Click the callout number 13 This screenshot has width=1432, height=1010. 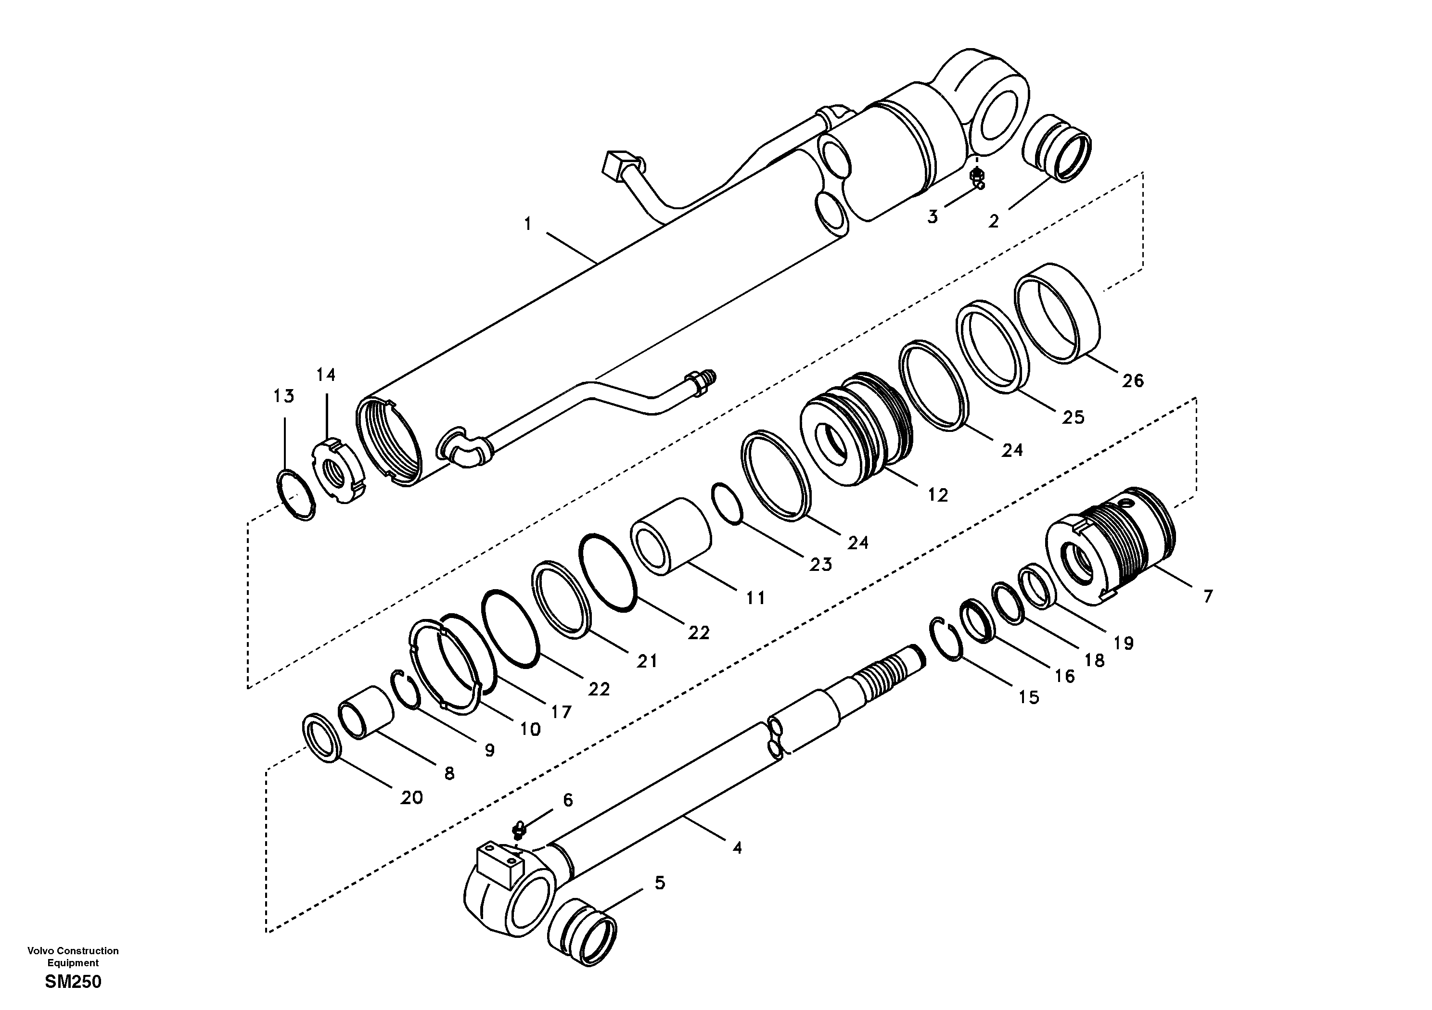[x=284, y=396]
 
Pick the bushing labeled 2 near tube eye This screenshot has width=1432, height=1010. [x=1057, y=149]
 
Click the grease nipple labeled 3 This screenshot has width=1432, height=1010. [x=978, y=177]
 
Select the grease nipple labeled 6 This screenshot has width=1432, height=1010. [x=518, y=829]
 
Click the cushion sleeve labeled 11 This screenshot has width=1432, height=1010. [x=671, y=536]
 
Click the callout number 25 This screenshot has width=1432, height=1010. [x=1074, y=418]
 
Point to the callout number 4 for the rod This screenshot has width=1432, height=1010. [x=737, y=848]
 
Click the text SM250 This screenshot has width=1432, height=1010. [x=73, y=983]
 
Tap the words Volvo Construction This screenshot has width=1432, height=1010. [x=73, y=951]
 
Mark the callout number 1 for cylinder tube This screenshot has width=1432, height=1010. [x=528, y=224]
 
